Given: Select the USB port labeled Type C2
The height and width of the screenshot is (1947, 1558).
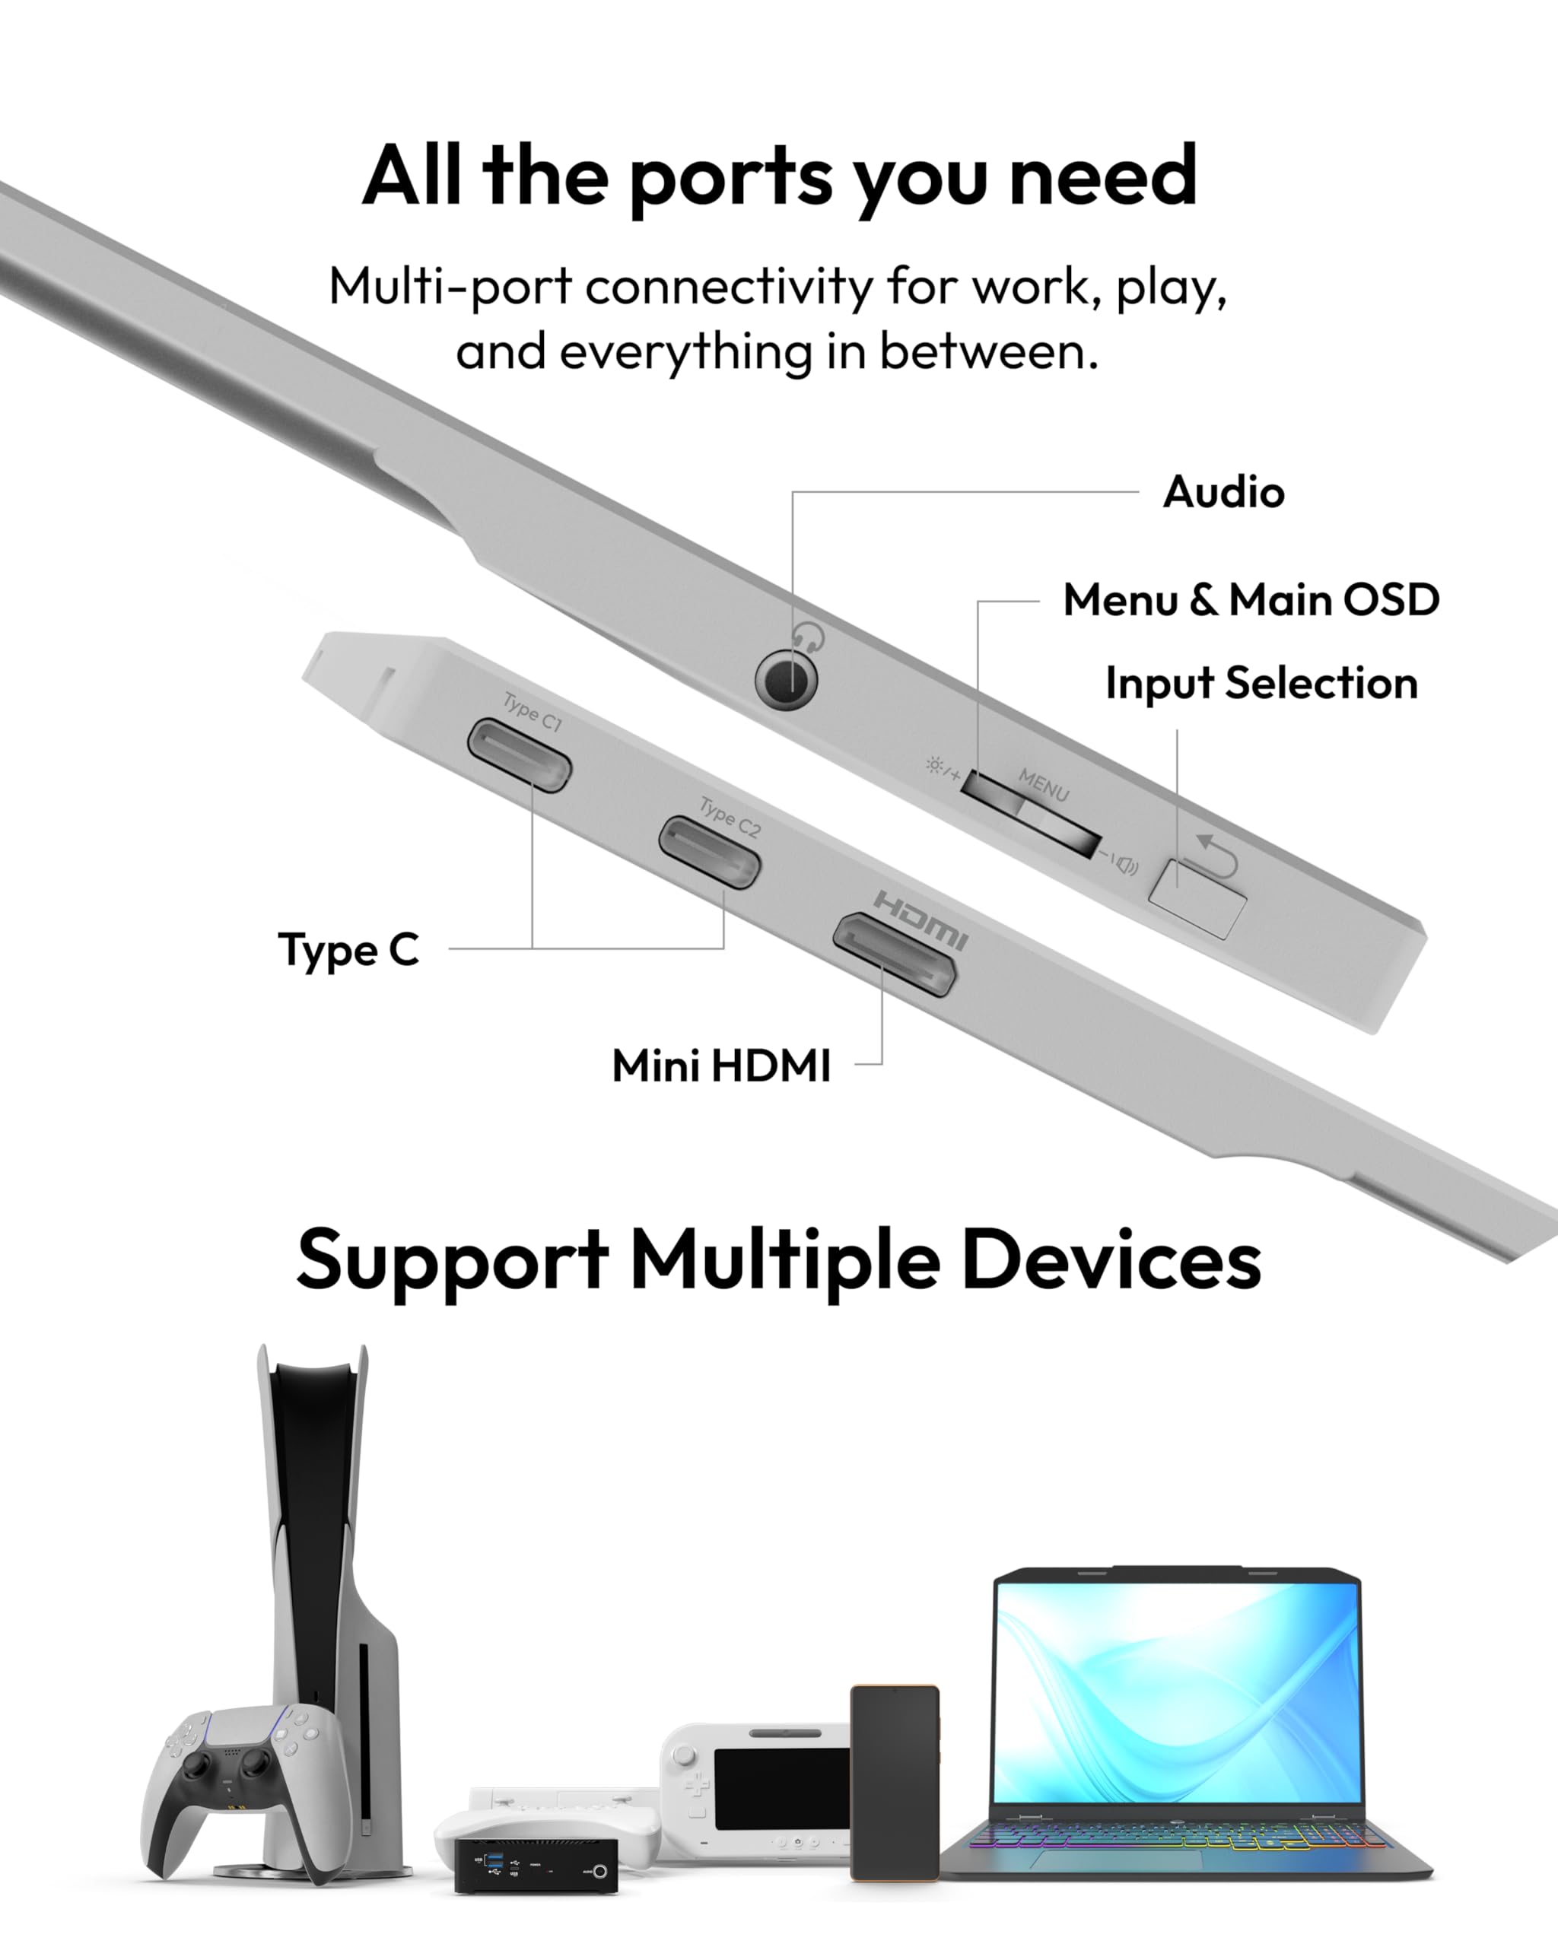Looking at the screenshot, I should click(709, 853).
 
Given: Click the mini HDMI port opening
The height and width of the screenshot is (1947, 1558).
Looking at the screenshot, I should click(893, 954).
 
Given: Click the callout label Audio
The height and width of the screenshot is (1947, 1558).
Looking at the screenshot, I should click(1223, 493).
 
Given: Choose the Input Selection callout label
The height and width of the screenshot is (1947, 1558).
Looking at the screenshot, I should click(1261, 684).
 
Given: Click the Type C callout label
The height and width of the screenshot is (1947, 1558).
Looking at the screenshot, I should click(348, 950).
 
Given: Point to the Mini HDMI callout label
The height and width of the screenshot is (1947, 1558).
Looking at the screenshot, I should click(720, 1066).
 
